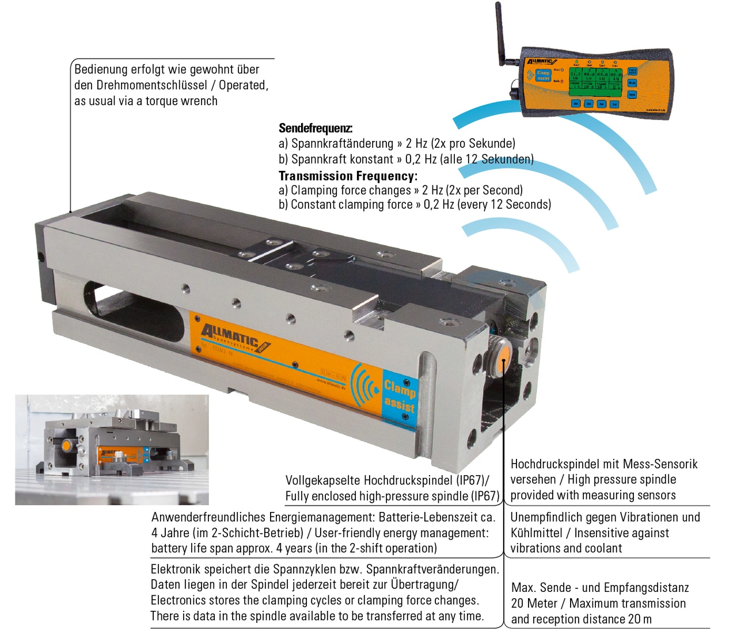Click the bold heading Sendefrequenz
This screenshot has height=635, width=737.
[315, 128]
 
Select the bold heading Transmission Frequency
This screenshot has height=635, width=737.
[347, 176]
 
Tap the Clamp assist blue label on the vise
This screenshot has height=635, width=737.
[399, 396]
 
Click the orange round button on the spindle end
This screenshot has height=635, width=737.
[502, 351]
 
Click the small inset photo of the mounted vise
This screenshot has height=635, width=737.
[112, 449]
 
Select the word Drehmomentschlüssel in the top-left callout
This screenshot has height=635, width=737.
[151, 85]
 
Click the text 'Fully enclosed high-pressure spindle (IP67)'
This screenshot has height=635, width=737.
[392, 496]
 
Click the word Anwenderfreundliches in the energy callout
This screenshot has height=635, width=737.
[208, 517]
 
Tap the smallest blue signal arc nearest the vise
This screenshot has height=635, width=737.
[530, 236]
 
